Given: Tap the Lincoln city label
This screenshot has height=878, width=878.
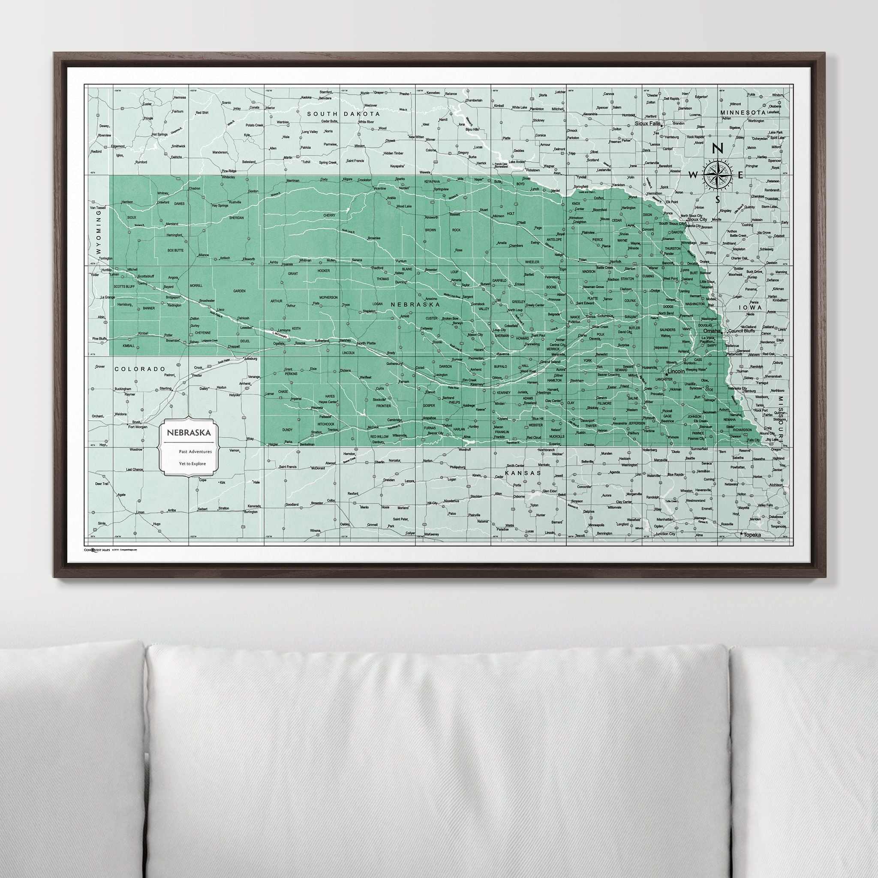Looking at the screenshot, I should [676, 372].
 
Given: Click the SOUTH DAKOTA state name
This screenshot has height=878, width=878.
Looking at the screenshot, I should [343, 114].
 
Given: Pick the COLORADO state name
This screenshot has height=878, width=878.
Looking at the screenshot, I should [138, 369].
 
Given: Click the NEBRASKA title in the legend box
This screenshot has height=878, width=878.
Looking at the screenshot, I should [188, 432].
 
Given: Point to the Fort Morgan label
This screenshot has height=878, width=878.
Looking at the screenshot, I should [138, 427].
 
